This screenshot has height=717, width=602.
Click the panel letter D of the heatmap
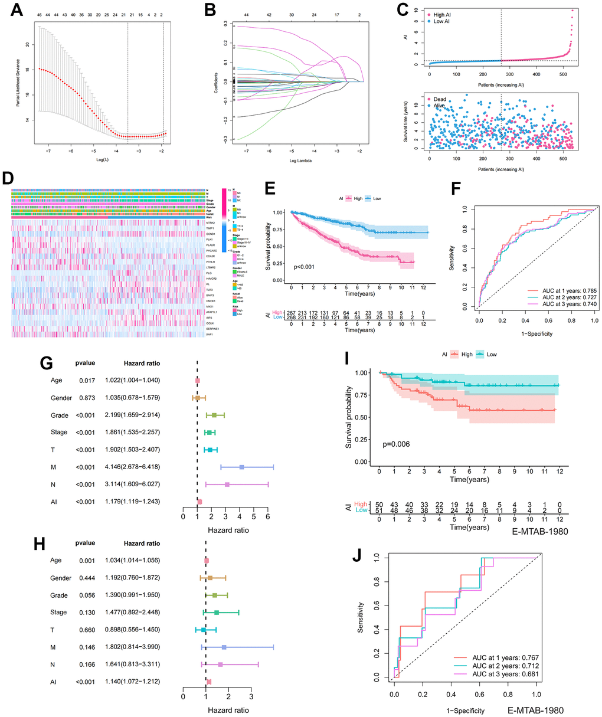(x=8, y=178)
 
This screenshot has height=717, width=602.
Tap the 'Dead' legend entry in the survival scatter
(x=440, y=100)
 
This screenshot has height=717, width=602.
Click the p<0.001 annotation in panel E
(x=306, y=258)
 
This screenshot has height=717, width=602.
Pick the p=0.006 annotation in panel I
(x=397, y=443)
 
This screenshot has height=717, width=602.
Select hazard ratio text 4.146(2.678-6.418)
(x=132, y=467)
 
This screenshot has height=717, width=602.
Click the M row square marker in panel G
(x=242, y=467)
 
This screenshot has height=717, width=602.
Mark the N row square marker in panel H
(x=220, y=664)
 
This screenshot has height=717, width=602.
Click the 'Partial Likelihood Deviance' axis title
(x=18, y=84)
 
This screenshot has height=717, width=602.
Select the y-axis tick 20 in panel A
(x=28, y=44)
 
